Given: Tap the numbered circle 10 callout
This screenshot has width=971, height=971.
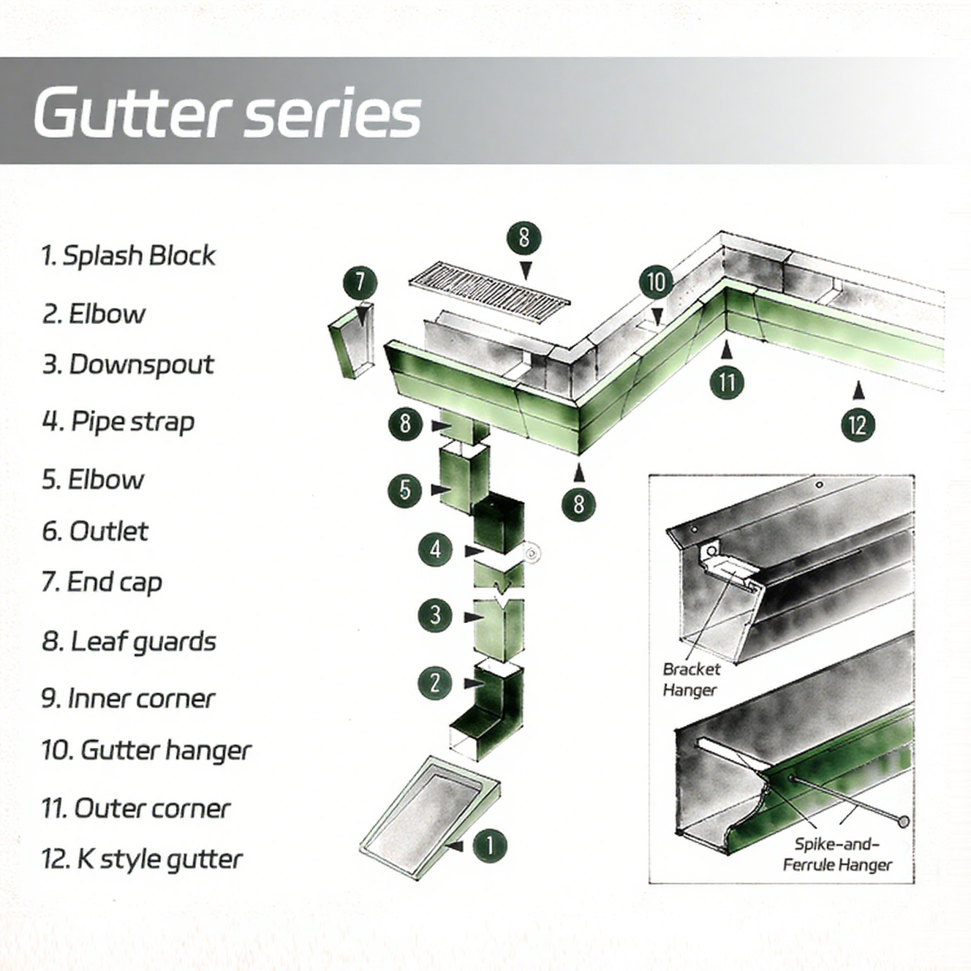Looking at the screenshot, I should (x=656, y=282).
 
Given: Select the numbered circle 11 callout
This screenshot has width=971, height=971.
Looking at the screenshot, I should (x=727, y=382).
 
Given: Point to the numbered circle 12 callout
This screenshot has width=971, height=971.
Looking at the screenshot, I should (x=858, y=425).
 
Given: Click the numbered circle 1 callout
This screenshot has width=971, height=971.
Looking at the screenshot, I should (x=489, y=845).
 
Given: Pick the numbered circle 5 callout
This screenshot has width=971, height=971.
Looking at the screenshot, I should (x=405, y=490).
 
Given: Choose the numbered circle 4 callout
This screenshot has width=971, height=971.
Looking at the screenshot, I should (x=436, y=548).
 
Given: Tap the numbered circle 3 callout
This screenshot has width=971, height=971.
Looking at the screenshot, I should (x=435, y=614).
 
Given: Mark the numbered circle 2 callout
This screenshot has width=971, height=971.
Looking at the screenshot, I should (x=434, y=683).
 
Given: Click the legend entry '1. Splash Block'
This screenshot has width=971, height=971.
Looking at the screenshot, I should (x=128, y=256).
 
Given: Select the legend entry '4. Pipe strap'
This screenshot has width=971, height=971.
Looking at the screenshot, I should (x=118, y=422).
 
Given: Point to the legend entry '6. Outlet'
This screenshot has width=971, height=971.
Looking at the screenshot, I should (x=95, y=532).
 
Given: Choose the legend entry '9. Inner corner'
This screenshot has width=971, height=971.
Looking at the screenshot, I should (x=128, y=699).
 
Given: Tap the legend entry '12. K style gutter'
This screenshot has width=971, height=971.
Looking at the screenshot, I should (x=141, y=860).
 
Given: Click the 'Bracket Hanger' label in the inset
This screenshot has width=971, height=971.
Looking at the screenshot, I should (x=690, y=679).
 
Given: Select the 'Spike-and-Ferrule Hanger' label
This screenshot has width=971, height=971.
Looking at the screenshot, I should (x=837, y=854).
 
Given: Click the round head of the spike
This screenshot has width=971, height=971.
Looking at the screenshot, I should (x=904, y=822).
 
